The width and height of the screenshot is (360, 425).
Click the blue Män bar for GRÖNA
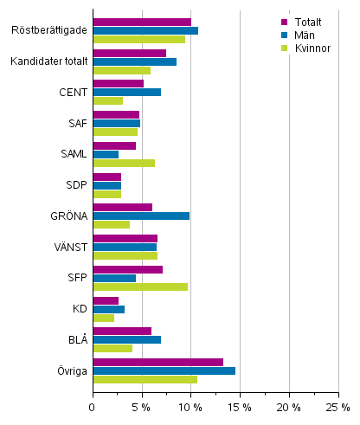click(141, 216)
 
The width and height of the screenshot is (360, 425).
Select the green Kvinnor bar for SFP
click(140, 287)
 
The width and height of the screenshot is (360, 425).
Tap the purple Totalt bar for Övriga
click(157, 362)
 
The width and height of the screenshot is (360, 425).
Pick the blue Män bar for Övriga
click(164, 370)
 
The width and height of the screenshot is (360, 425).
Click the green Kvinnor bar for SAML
click(124, 163)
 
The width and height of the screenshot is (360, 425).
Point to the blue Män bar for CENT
click(126, 92)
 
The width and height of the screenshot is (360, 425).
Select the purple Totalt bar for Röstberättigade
click(142, 22)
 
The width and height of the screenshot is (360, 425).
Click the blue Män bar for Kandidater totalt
click(134, 61)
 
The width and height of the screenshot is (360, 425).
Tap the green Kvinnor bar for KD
click(103, 318)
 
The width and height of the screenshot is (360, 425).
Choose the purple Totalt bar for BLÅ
click(122, 331)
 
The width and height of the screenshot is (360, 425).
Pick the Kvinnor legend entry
click(306, 48)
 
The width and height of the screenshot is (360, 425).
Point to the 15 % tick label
click(240, 408)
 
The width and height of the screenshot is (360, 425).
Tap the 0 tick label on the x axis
click(93, 408)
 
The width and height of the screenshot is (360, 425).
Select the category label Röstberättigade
click(49, 30)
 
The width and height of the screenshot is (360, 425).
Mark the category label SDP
click(76, 185)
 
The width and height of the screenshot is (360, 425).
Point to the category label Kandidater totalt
click(49, 61)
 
